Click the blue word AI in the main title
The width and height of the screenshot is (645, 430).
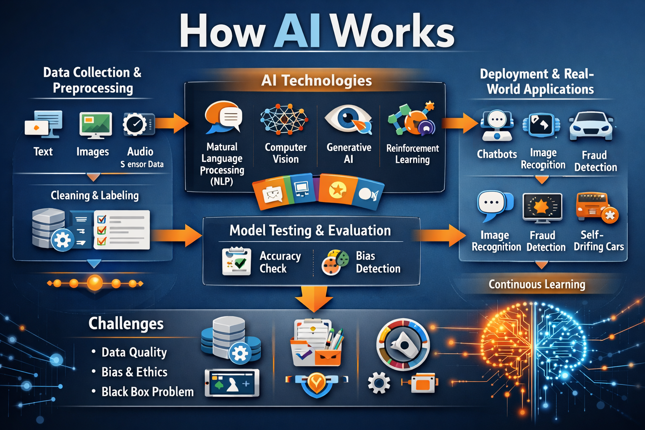pos(297,31)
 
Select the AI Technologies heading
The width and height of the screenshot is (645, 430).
pos(316,80)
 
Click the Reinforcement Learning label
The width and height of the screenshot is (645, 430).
pos(412,154)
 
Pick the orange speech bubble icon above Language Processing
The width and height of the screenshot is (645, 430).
pos(223,117)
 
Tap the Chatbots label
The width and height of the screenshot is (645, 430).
pos(497,154)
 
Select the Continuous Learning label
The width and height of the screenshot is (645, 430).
pos(537,284)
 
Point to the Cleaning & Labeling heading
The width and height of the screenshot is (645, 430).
pos(94,195)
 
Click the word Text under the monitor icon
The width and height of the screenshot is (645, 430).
pos(43,152)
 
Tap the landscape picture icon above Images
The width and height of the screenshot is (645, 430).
pos(95,124)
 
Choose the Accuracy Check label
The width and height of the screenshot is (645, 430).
pos(280,262)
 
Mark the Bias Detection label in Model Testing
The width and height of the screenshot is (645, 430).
pos(378,262)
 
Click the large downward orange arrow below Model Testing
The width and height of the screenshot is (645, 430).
pos(314,298)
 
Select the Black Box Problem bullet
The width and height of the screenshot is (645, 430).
pos(147,392)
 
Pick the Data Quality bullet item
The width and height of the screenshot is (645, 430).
pos(134,352)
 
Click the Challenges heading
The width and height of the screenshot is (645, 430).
pos(126,324)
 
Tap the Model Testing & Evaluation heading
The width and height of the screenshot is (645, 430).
pos(310,231)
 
